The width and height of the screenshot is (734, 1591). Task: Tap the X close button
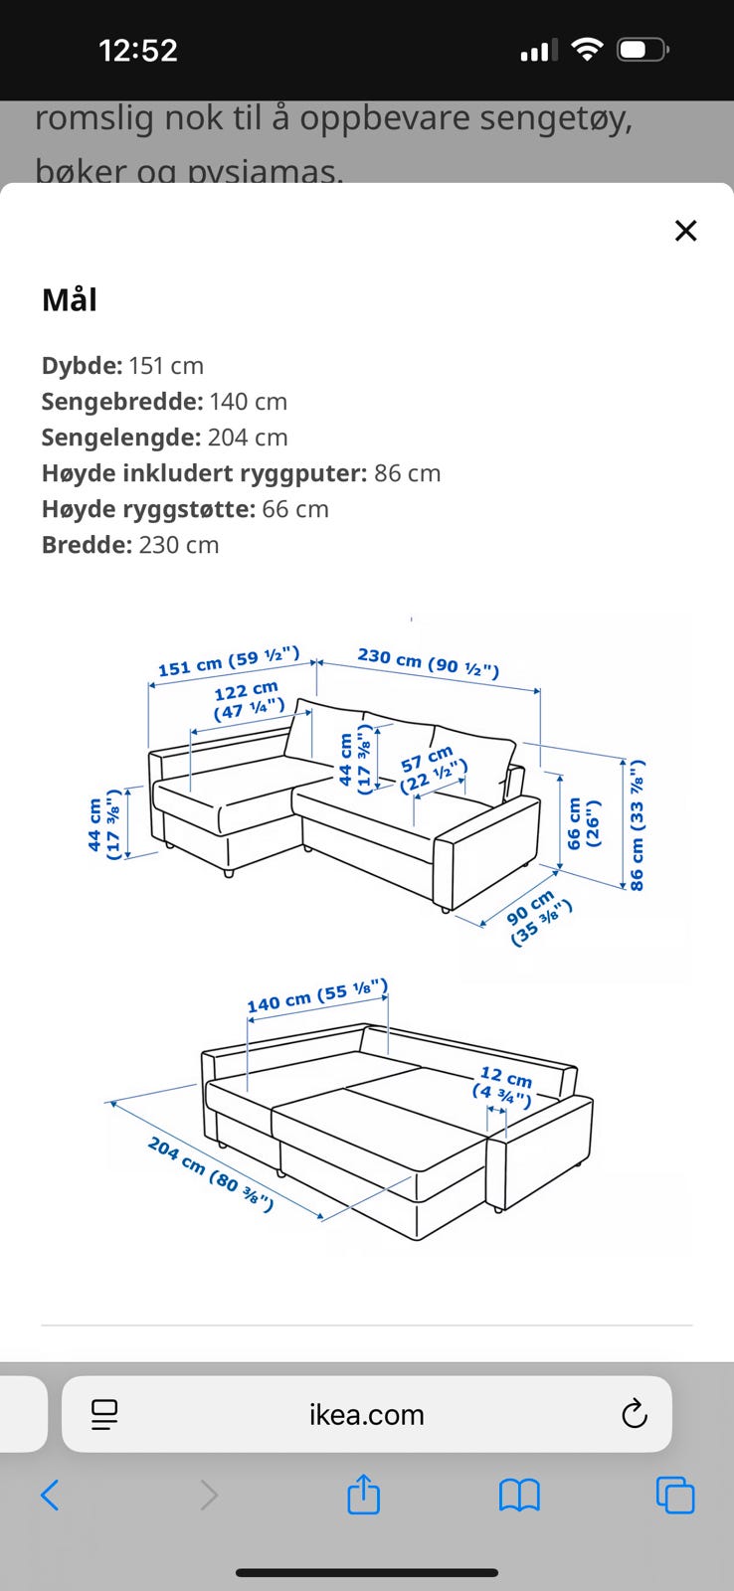point(685,231)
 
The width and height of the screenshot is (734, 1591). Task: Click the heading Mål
point(70,299)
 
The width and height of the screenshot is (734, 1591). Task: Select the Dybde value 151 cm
point(165,366)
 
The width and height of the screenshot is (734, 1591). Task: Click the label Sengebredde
point(121,402)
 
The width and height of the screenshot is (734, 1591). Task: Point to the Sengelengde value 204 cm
point(247,438)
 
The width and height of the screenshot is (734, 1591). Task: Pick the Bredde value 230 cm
point(178,545)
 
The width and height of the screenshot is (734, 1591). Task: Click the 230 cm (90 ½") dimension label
point(428,661)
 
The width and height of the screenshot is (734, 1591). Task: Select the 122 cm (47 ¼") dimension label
point(248,700)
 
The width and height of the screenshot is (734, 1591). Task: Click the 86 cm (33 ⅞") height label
point(637,824)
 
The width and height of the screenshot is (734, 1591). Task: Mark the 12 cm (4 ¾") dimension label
point(503,1087)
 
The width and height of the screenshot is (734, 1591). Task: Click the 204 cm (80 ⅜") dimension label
point(210,1173)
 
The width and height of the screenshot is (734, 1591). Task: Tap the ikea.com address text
point(366,1414)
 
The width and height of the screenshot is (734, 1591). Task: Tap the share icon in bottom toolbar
point(363,1495)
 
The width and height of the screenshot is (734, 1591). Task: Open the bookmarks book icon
point(518,1495)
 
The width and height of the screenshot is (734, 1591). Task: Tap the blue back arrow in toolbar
point(50,1495)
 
